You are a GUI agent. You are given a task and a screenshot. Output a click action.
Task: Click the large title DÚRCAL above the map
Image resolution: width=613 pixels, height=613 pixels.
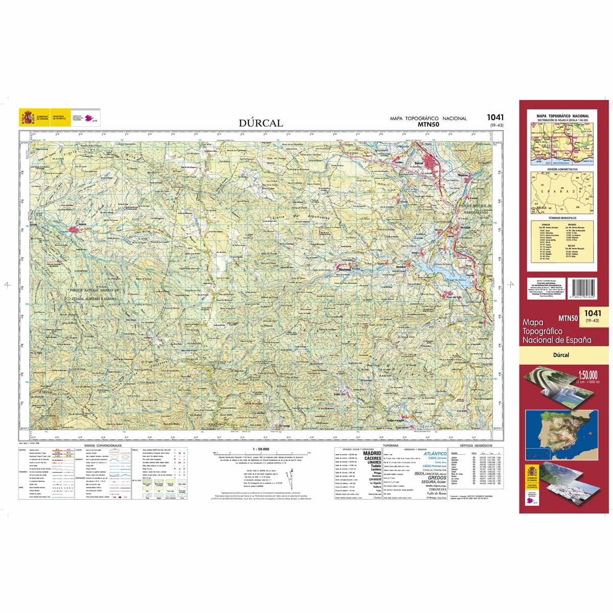(x=261, y=123)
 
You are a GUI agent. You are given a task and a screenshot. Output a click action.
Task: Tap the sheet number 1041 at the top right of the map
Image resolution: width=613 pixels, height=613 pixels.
(x=495, y=117)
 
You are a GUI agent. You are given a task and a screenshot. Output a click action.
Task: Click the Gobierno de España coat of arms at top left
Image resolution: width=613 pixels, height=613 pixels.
(x=27, y=117)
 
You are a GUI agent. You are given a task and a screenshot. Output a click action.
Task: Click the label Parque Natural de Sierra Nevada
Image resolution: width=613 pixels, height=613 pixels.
(x=475, y=206)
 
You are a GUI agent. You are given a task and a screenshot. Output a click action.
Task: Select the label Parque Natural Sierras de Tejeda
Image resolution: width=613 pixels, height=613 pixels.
(x=95, y=294)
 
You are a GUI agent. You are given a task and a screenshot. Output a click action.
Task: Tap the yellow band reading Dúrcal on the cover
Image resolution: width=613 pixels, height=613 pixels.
(x=564, y=355)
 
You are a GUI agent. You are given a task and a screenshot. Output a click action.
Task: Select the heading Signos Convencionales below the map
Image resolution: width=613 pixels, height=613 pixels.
(x=104, y=445)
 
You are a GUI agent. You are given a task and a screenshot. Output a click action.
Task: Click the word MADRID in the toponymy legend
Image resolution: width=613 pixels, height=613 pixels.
(x=371, y=453)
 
